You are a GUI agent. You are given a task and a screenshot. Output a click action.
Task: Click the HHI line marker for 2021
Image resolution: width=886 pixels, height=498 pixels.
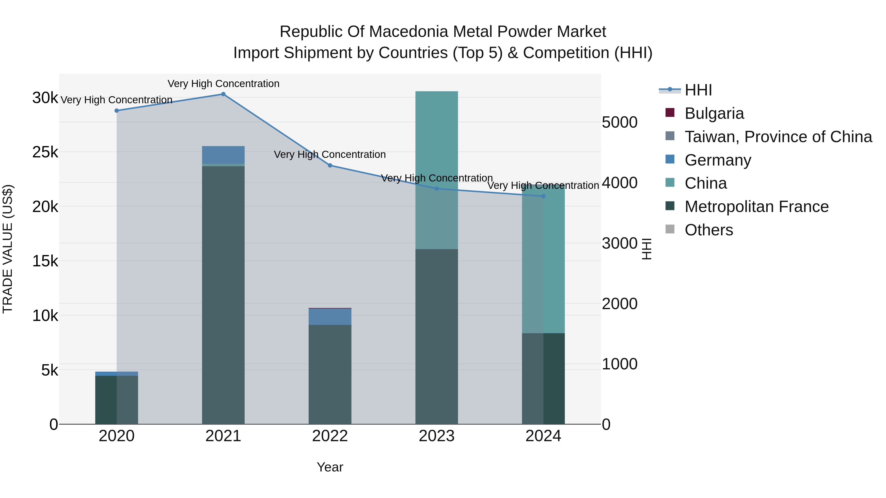223,94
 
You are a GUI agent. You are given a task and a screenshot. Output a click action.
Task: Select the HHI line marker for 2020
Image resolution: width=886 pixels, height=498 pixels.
117,111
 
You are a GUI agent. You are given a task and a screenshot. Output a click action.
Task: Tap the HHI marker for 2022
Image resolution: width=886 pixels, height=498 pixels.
330,165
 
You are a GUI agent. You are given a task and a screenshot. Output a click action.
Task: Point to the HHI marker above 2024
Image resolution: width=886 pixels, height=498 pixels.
543,196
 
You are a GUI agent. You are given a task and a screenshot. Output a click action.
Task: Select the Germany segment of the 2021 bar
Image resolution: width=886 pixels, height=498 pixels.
223,155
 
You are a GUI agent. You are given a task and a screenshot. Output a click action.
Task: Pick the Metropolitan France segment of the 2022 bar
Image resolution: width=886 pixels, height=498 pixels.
330,374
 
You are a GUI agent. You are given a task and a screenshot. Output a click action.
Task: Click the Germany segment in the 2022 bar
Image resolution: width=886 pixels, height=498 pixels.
330,317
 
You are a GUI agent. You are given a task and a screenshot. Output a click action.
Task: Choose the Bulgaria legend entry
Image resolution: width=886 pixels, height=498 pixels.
714,113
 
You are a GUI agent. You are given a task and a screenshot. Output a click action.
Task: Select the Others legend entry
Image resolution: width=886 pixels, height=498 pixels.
709,230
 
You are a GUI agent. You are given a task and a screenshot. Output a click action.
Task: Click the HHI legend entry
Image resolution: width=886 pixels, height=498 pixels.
698,90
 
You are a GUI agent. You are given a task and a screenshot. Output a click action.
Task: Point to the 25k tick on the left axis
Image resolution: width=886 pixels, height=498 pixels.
45,152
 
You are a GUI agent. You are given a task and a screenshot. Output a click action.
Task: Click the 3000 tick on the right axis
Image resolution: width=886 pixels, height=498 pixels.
619,243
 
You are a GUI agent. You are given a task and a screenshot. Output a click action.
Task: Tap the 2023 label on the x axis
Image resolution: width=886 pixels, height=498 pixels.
436,436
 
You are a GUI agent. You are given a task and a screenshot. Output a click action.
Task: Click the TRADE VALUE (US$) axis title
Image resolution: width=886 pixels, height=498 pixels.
8,249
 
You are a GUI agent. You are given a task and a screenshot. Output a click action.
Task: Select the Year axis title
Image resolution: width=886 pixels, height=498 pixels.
330,467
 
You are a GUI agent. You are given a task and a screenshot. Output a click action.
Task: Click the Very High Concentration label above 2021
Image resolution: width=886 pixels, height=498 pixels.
223,84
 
